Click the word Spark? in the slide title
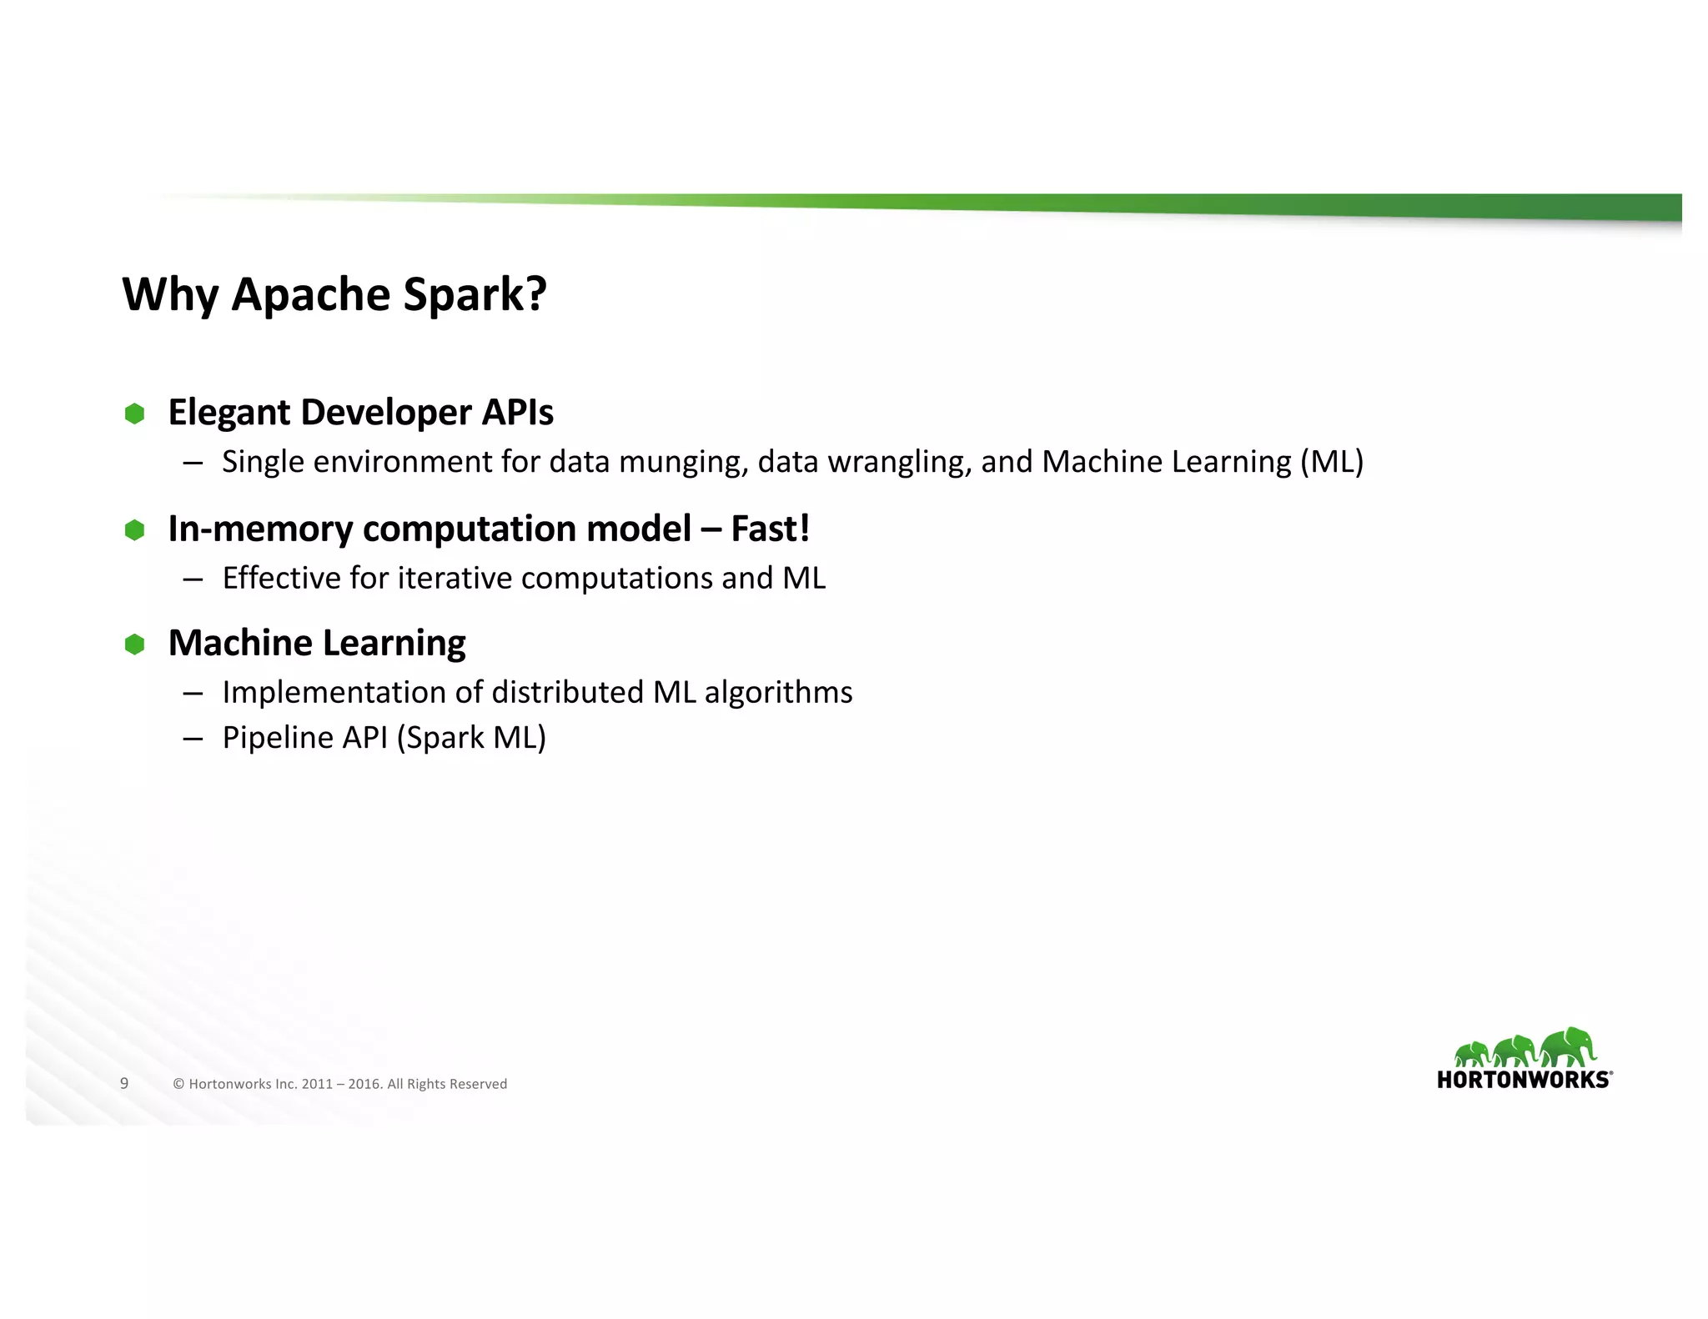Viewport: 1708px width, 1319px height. pyautogui.click(x=475, y=294)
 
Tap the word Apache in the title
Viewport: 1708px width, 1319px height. pyautogui.click(x=311, y=294)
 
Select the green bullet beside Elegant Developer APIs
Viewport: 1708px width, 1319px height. pyautogui.click(x=134, y=414)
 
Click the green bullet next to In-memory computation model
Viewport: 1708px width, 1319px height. pyautogui.click(x=134, y=530)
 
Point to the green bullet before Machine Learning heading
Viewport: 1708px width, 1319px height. pyautogui.click(x=134, y=644)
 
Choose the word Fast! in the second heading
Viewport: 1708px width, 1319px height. pyautogui.click(x=770, y=529)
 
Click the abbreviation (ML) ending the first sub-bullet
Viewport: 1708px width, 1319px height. pyautogui.click(x=1332, y=462)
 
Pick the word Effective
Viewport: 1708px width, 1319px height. pyautogui.click(x=281, y=578)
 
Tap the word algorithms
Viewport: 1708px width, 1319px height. pyautogui.click(x=778, y=693)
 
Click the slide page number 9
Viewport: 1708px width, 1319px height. pyautogui.click(x=124, y=1083)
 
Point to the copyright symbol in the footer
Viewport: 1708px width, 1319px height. pyautogui.click(x=178, y=1084)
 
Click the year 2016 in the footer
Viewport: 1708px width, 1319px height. pyautogui.click(x=364, y=1084)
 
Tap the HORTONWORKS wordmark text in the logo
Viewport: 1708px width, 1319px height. pyautogui.click(x=1524, y=1080)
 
